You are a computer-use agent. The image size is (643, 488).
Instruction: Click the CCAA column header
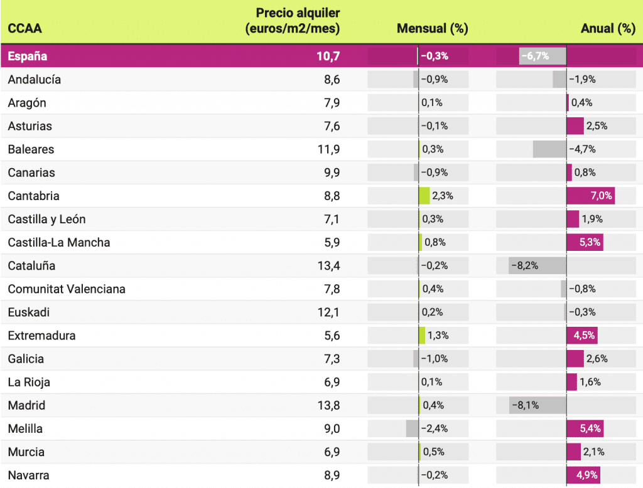[x=25, y=28]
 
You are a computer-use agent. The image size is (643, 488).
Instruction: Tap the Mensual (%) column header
[x=432, y=28]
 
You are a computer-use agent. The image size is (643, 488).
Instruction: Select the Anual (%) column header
[x=608, y=28]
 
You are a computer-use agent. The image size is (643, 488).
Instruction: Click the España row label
[x=28, y=56]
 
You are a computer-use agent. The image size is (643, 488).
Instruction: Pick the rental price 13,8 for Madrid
[x=328, y=405]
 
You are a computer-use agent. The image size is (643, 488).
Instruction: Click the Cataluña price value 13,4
[x=328, y=265]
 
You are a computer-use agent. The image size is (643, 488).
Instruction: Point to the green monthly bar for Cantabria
[x=424, y=196]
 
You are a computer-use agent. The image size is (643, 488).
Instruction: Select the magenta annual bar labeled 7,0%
[x=590, y=196]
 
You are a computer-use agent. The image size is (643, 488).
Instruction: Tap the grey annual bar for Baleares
[x=549, y=149]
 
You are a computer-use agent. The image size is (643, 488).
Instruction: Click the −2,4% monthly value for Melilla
[x=435, y=428]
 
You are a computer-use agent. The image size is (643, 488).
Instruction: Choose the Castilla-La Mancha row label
[x=59, y=242]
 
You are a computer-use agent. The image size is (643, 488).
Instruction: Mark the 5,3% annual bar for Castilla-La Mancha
[x=585, y=242]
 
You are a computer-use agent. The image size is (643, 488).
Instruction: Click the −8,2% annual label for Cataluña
[x=524, y=265]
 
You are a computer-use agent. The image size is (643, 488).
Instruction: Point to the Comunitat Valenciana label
[x=67, y=289]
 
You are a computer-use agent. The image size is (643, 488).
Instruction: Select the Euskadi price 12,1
[x=328, y=312]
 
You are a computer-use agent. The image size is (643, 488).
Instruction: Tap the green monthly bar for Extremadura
[x=422, y=336]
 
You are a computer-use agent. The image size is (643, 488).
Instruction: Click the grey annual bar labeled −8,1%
[x=538, y=405]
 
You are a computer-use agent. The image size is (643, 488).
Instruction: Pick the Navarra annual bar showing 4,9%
[x=583, y=475]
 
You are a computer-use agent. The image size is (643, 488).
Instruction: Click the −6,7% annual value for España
[x=535, y=56]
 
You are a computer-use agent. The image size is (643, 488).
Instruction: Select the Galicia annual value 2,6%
[x=597, y=359]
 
